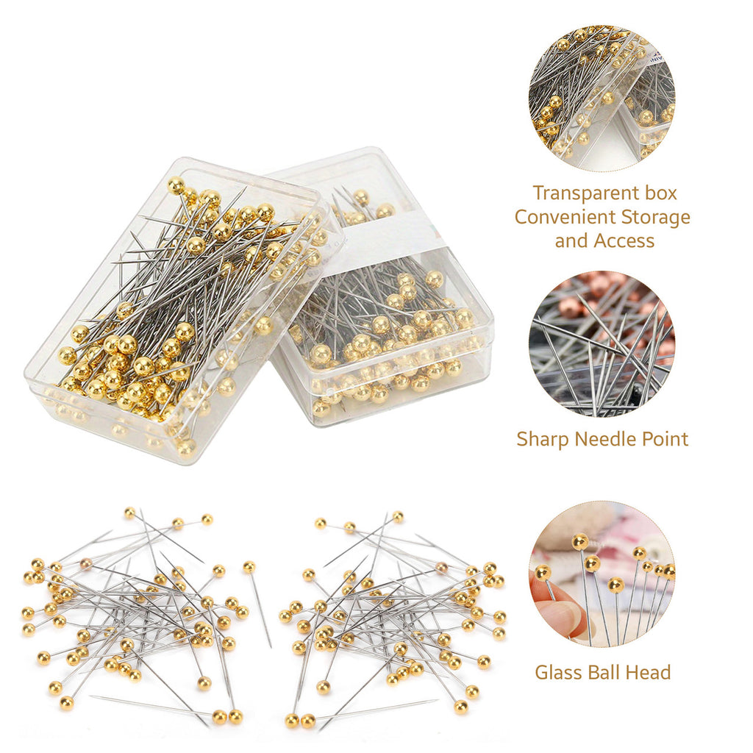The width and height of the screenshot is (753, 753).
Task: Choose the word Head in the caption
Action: (650, 671)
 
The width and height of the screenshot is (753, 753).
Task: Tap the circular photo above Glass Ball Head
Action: (602, 574)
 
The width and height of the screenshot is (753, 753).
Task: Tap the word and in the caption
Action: (571, 240)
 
